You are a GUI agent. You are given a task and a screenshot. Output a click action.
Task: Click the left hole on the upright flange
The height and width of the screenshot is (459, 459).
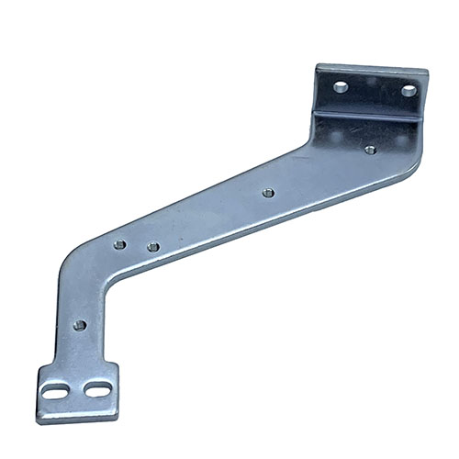[340, 87]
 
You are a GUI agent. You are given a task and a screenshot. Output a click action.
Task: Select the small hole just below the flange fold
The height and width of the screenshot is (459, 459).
[370, 149]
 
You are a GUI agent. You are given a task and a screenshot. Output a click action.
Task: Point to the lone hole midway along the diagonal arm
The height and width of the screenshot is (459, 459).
[267, 193]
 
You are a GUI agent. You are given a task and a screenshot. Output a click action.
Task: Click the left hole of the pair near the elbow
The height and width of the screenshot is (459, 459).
[119, 245]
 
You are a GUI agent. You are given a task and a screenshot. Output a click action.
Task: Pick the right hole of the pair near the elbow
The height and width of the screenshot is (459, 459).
[152, 247]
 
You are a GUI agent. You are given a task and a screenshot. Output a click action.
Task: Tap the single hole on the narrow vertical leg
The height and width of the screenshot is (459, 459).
[79, 325]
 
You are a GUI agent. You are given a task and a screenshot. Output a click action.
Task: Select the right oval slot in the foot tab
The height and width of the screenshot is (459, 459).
[93, 390]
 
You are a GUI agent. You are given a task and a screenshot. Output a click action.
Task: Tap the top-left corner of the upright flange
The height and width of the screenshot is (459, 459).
[319, 65]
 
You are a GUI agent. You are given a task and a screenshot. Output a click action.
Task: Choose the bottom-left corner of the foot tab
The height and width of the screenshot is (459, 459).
[39, 420]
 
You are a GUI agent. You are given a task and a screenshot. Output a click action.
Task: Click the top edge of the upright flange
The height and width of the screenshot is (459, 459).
[372, 69]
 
